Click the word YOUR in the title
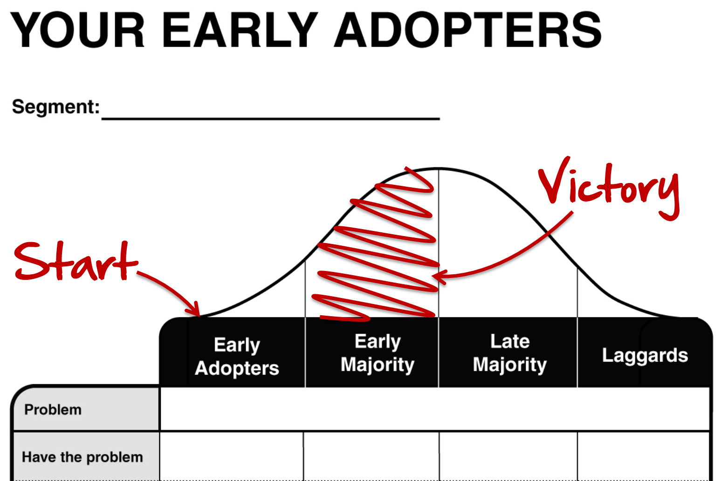tap(77, 30)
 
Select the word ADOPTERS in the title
tap(468, 30)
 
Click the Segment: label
tap(56, 107)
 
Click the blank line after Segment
tap(271, 119)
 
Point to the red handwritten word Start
tap(76, 261)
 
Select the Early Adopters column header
tap(237, 356)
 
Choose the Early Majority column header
tap(378, 353)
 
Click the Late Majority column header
tap(510, 353)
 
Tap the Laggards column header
tap(645, 355)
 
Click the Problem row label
tap(53, 410)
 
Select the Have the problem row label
tap(82, 457)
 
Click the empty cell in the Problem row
tap(435, 409)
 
